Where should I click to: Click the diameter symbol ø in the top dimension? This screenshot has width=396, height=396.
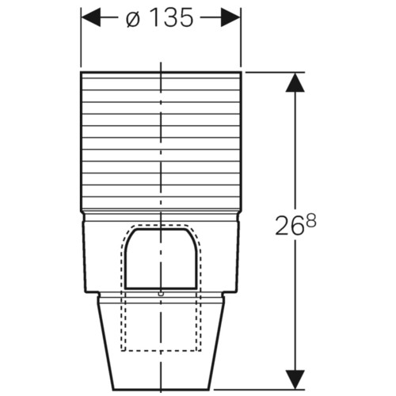click(x=132, y=18)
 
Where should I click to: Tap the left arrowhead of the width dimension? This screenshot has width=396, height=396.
click(x=91, y=17)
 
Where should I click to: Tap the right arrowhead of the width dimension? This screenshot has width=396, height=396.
click(x=230, y=17)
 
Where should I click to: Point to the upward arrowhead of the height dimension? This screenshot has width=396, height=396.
click(x=295, y=82)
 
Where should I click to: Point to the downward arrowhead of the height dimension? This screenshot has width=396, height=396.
click(x=295, y=379)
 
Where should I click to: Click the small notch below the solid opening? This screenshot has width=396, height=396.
click(x=161, y=293)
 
